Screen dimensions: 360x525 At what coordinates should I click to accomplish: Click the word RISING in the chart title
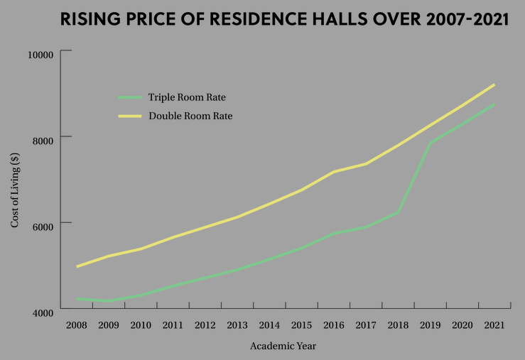(x=88, y=19)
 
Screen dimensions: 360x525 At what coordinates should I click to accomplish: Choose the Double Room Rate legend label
(x=190, y=116)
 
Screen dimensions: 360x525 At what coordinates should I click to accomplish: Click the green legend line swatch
(x=130, y=97)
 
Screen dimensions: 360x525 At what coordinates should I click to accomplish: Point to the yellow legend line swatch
(x=130, y=116)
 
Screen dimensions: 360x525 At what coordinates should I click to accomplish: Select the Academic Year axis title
(x=283, y=347)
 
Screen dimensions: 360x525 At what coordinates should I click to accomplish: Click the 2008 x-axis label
(x=76, y=325)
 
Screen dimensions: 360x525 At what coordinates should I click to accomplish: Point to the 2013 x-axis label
(x=237, y=325)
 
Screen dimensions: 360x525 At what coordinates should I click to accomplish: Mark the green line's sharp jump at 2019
(x=429, y=143)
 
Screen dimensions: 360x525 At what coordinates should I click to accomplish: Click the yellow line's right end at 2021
(x=494, y=84)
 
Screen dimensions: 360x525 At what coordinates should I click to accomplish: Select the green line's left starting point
(x=77, y=299)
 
